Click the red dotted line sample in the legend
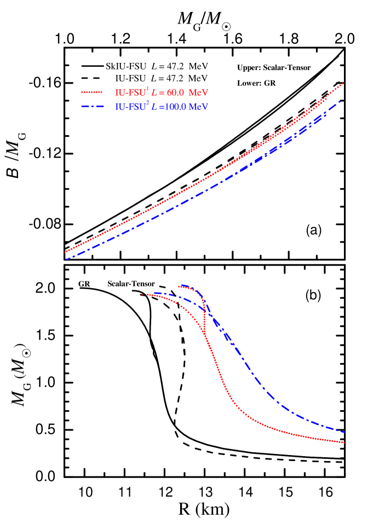92,92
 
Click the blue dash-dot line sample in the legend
92,107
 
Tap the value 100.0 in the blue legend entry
175,107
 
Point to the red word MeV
199,92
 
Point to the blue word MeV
198,107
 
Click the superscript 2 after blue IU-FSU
147,103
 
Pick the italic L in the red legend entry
153,92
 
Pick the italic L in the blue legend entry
153,107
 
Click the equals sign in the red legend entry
160,92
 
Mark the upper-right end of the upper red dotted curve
343,84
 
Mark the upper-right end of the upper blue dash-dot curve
341,101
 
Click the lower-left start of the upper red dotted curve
66,252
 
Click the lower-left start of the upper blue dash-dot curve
66,259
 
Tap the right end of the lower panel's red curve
344,442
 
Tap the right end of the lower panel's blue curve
344,432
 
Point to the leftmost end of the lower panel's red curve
143,294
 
